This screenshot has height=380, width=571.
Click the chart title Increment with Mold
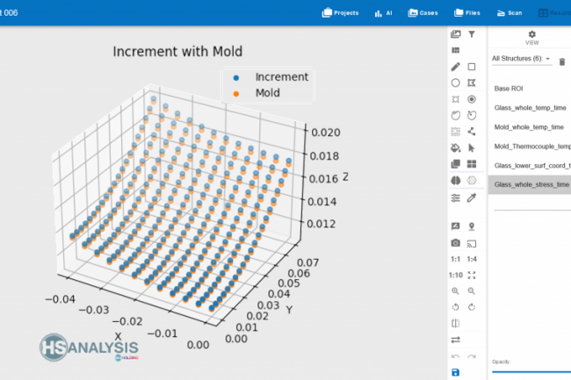point(177,52)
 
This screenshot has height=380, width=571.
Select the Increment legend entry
point(281,77)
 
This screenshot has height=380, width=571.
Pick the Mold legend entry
point(269,93)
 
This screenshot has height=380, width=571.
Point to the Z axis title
point(346,177)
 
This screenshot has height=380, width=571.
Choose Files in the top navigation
point(467,13)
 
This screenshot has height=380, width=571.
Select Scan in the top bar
point(509,13)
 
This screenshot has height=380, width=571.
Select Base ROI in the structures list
point(508,89)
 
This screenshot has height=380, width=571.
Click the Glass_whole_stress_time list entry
point(531,184)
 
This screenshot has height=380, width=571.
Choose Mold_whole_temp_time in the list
point(529,127)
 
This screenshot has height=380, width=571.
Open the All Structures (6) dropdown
point(522,60)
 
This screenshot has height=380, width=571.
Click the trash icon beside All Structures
point(562,61)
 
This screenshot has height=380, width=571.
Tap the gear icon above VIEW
point(531,34)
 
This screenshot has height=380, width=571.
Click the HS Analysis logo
point(88,348)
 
